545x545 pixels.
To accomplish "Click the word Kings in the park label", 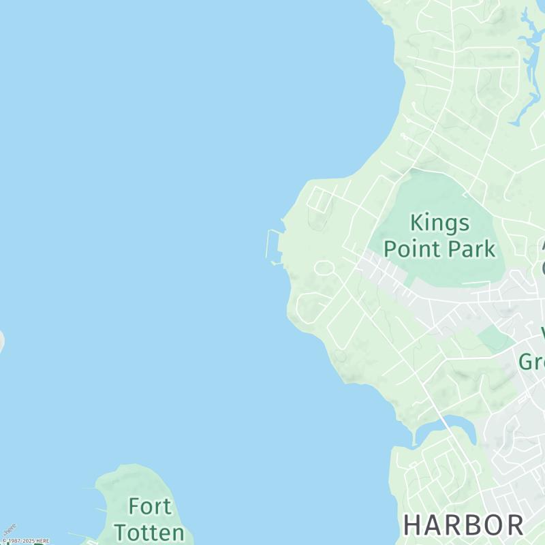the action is point(439,223).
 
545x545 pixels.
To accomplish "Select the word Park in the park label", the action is point(472,249).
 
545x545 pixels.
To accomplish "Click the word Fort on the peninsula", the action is point(150,507).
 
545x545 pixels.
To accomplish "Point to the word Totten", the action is point(149,532).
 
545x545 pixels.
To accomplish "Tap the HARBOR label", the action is point(464,525).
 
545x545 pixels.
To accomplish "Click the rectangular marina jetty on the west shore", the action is point(272,245).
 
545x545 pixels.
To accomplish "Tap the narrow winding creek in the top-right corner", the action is point(527,68).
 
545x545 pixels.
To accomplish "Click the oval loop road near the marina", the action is point(324,267).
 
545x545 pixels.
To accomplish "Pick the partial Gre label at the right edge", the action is point(531,361).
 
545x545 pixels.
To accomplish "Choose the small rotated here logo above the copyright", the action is point(10,529).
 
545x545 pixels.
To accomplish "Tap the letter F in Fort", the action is point(135,507).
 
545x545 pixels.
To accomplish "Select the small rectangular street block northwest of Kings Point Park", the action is point(320,199).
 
